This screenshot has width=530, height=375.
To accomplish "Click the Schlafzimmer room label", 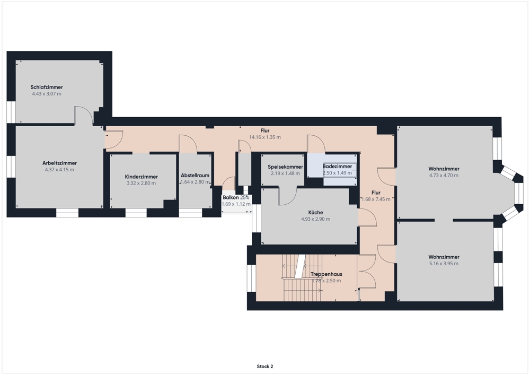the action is pyautogui.click(x=47, y=87).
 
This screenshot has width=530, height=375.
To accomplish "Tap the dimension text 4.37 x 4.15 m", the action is pyautogui.click(x=59, y=170).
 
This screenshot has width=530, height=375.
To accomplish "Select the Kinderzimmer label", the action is pyautogui.click(x=142, y=177).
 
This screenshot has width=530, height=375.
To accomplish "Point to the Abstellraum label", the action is pyautogui.click(x=195, y=176).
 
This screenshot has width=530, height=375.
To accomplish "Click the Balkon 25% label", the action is pyautogui.click(x=236, y=197).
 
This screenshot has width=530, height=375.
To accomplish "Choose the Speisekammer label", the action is pyautogui.click(x=285, y=167).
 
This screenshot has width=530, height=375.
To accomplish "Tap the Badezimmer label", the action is pyautogui.click(x=337, y=167).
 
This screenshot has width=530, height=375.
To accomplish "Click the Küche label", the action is pyautogui.click(x=316, y=212).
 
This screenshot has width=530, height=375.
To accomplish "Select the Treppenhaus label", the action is pyautogui.click(x=326, y=274).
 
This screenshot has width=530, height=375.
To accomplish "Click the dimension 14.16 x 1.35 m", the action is pyautogui.click(x=265, y=137).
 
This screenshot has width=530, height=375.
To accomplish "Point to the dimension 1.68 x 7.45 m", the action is pyautogui.click(x=376, y=199).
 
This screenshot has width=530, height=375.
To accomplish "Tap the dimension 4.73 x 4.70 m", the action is pyautogui.click(x=444, y=175).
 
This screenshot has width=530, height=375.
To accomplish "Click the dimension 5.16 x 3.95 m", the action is pyautogui.click(x=444, y=264).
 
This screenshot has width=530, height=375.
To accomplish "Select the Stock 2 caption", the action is pyautogui.click(x=265, y=367).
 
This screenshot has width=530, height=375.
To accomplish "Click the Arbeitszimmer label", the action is pyautogui.click(x=59, y=163).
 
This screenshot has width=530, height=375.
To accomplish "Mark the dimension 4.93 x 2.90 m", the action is pyautogui.click(x=316, y=219).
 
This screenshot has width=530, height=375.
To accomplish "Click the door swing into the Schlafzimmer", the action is pyautogui.click(x=84, y=115).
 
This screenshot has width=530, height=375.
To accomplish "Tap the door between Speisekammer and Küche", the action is pyautogui.click(x=288, y=196).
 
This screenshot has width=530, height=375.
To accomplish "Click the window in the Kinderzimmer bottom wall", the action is pyautogui.click(x=136, y=212).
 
